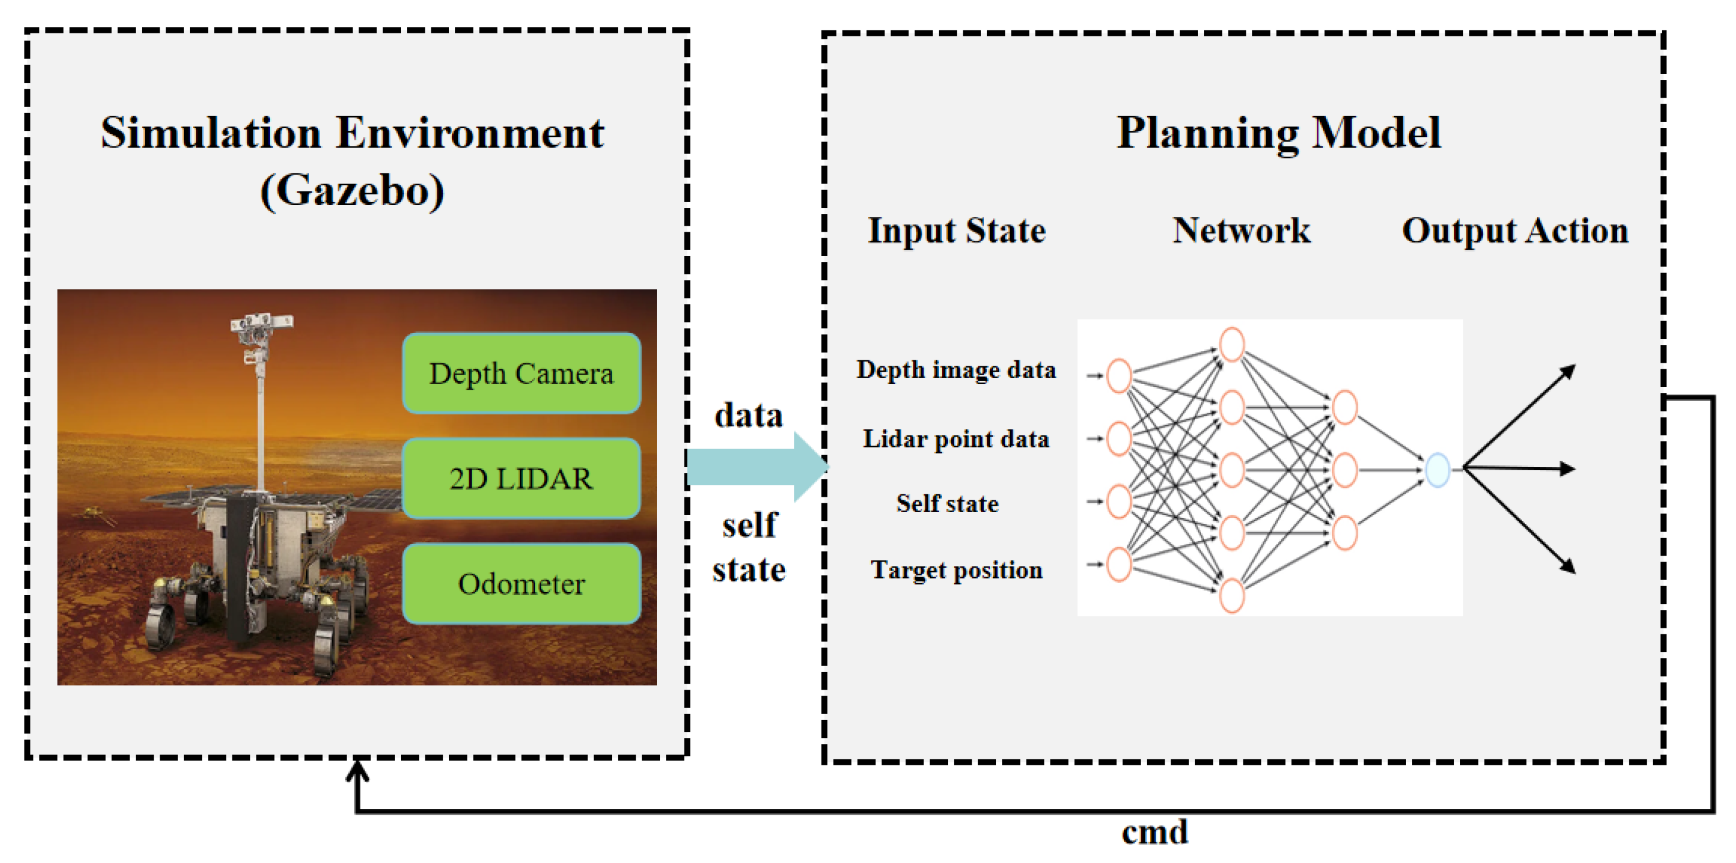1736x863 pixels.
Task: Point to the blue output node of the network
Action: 1437,469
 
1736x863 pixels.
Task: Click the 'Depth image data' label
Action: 956,370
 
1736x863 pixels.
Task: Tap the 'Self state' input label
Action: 947,503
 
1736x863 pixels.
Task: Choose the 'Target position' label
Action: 956,570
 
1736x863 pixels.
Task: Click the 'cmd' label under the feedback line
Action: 1155,833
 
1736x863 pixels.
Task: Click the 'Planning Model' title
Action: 1278,133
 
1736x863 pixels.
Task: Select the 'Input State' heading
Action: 956,230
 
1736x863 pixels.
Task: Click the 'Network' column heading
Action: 1242,230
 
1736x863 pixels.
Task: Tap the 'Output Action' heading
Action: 1515,230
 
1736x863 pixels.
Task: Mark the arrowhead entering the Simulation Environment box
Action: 357,768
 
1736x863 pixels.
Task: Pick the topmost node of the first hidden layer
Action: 1231,344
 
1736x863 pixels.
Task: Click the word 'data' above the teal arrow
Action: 749,415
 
